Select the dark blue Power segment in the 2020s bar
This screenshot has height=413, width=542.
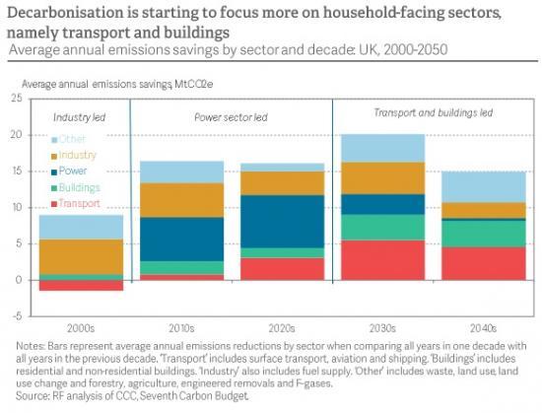coord(283,221)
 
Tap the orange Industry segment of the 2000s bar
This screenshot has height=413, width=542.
coord(81,256)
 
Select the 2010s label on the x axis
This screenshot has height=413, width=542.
coord(181,328)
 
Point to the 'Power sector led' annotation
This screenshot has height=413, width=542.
coord(232,117)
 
